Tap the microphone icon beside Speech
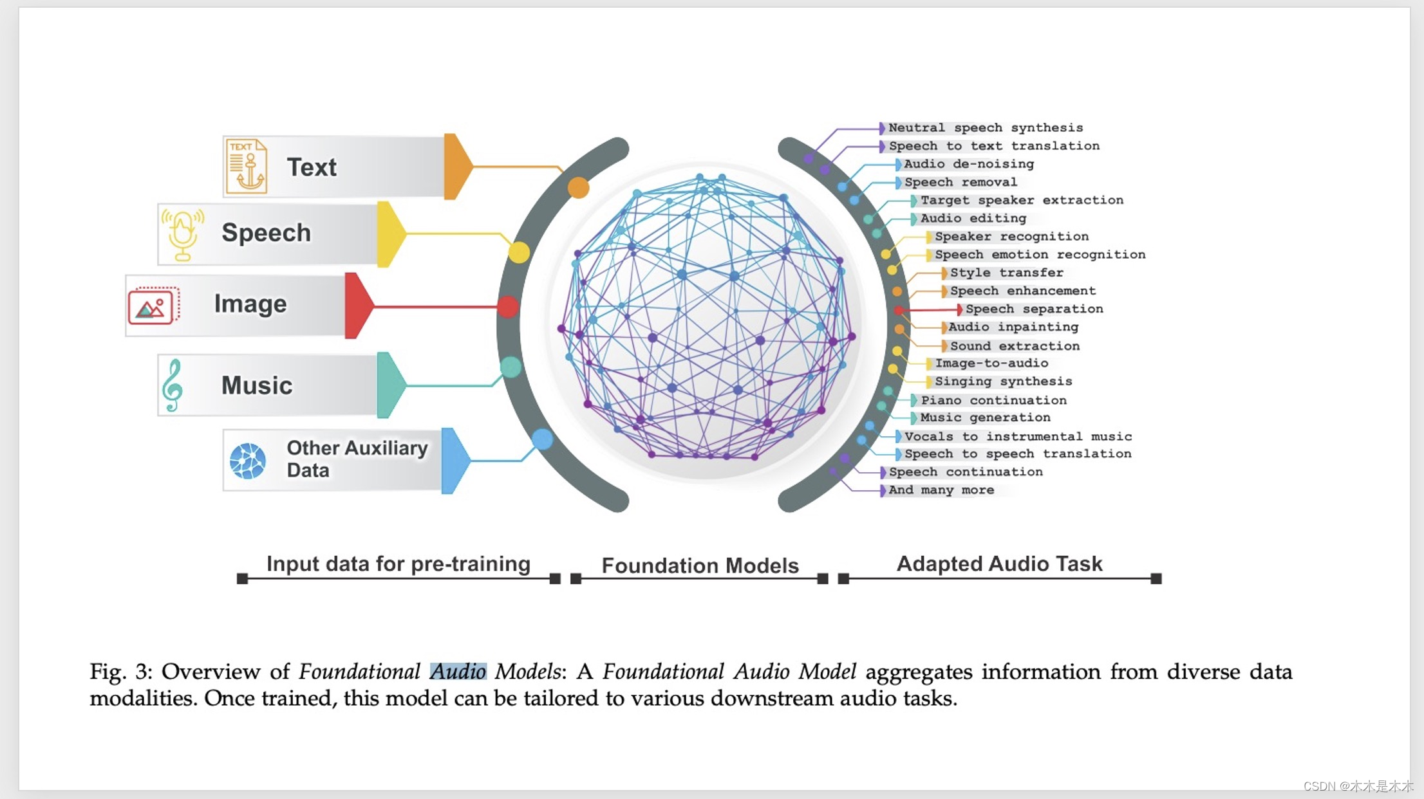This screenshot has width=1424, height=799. (x=183, y=234)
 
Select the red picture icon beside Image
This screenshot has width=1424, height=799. (x=153, y=306)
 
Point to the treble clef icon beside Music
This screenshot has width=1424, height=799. (x=172, y=385)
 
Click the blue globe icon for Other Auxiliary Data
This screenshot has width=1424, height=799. (x=248, y=461)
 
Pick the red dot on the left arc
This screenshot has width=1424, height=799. (x=508, y=307)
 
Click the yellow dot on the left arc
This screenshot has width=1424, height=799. (x=519, y=252)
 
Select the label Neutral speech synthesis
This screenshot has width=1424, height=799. (x=986, y=128)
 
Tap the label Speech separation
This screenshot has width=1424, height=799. (x=1034, y=309)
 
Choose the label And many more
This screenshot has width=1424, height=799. (x=941, y=490)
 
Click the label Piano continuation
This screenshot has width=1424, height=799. (x=993, y=400)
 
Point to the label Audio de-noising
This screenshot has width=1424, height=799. (x=969, y=164)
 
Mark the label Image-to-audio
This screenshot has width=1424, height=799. (x=991, y=363)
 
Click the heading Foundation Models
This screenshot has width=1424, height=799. (x=700, y=565)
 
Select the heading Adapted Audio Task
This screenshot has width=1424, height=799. (x=999, y=564)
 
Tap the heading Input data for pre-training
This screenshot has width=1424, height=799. (x=398, y=564)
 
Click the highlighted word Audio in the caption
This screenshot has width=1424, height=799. (x=458, y=672)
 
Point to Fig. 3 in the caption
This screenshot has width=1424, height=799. (x=120, y=672)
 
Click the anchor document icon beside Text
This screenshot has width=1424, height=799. (x=247, y=167)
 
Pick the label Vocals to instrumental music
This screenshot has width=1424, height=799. (x=1018, y=436)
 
